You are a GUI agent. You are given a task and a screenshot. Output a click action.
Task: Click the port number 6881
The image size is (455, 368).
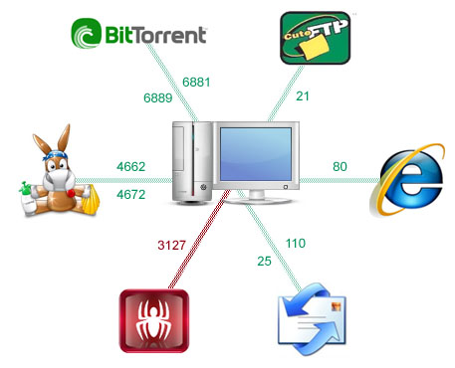coord(196,82)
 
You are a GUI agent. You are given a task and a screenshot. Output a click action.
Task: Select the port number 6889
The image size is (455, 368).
coord(158,97)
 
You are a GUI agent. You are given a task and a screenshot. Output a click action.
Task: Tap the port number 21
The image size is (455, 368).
coord(303,96)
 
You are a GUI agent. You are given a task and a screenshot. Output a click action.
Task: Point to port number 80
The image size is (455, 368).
coord(340,166)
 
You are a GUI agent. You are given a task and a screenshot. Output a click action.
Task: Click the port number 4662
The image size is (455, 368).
coord(131,166)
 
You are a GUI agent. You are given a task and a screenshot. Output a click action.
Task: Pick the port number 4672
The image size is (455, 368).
coord(131,194)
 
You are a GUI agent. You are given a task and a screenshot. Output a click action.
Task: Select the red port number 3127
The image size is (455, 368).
coord(171,246)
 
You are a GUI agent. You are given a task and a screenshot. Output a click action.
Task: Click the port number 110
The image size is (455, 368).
coord(296,244)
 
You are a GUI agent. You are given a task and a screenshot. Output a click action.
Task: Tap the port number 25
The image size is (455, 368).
coord(264,262)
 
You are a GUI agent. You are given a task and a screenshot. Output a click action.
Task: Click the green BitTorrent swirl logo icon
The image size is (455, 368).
coord(87,33)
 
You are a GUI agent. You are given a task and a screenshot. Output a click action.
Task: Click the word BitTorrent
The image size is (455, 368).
coord(156,35)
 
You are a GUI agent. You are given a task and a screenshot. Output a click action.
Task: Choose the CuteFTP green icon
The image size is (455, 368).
coord(316,38)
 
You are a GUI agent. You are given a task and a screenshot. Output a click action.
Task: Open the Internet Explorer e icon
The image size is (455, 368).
coord(407,180)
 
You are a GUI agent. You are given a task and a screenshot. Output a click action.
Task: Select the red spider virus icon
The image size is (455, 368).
coord(154,320)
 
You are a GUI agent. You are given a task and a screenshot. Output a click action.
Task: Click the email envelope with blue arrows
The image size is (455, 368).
coord(312,319)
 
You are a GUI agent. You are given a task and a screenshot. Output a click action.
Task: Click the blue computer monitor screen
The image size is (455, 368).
coord(256,154)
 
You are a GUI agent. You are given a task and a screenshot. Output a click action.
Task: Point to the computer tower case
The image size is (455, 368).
coord(192,162)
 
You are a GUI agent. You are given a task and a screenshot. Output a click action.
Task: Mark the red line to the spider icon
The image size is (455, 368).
coord(199,240)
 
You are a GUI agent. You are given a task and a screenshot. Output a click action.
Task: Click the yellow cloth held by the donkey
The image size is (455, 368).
coord(91,200)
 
